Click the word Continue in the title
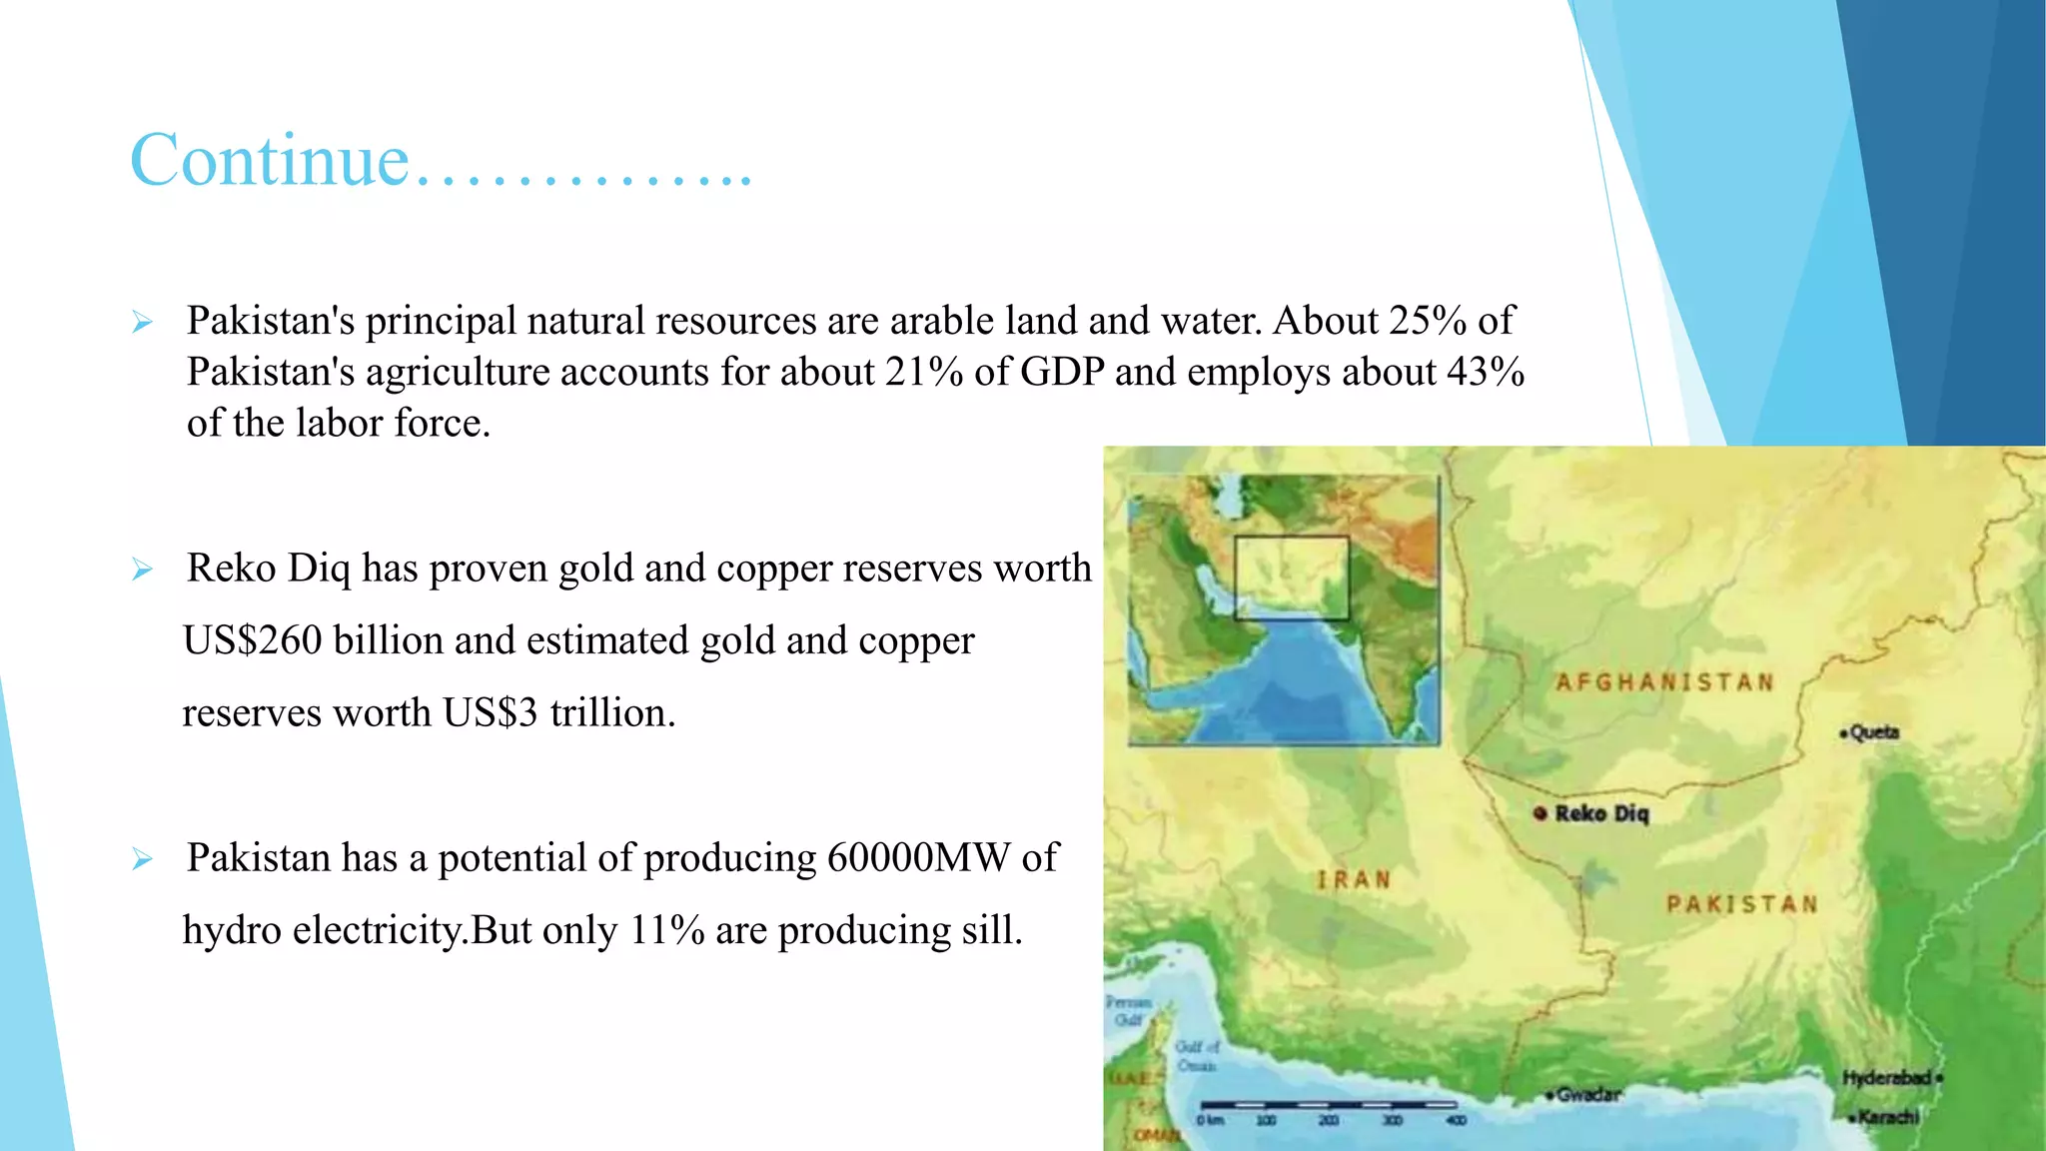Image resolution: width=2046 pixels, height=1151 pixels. pyautogui.click(x=270, y=160)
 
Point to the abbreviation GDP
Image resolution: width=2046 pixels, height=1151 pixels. pyautogui.click(x=1062, y=372)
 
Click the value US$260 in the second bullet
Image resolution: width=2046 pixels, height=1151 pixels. pyautogui.click(x=253, y=640)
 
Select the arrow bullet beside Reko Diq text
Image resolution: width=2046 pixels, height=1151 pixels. pyautogui.click(x=142, y=570)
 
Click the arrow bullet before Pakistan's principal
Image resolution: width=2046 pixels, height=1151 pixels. pyautogui.click(x=142, y=322)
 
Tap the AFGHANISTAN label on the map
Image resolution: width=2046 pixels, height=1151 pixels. pyautogui.click(x=1664, y=682)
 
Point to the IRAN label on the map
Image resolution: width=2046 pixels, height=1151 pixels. pyautogui.click(x=1353, y=880)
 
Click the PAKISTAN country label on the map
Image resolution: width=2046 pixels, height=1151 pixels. pyautogui.click(x=1741, y=904)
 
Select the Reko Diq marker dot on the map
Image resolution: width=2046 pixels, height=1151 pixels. pyautogui.click(x=1539, y=813)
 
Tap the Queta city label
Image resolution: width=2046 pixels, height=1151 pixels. pyautogui.click(x=1873, y=732)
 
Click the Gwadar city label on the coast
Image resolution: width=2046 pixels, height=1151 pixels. pyautogui.click(x=1587, y=1094)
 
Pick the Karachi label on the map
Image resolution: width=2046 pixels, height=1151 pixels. pyautogui.click(x=1887, y=1116)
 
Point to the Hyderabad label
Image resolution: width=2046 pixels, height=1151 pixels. pyautogui.click(x=1887, y=1078)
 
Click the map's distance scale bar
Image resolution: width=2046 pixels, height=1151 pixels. pyautogui.click(x=1328, y=1105)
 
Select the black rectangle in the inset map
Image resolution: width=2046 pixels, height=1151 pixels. pyautogui.click(x=1291, y=577)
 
